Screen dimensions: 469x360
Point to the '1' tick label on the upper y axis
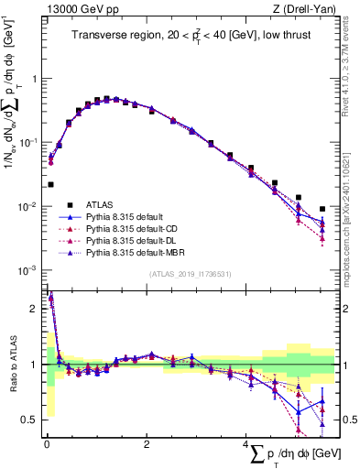[36, 79]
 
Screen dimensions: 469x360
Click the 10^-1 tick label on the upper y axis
[30, 142]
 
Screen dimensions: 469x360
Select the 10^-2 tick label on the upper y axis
[30, 206]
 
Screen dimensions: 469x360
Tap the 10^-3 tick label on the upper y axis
[30, 270]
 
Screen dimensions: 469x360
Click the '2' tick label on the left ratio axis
[36, 309]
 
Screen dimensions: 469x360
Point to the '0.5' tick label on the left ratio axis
[32, 420]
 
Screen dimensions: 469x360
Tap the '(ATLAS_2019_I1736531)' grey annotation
[191, 274]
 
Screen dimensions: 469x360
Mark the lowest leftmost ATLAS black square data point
[49, 184]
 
